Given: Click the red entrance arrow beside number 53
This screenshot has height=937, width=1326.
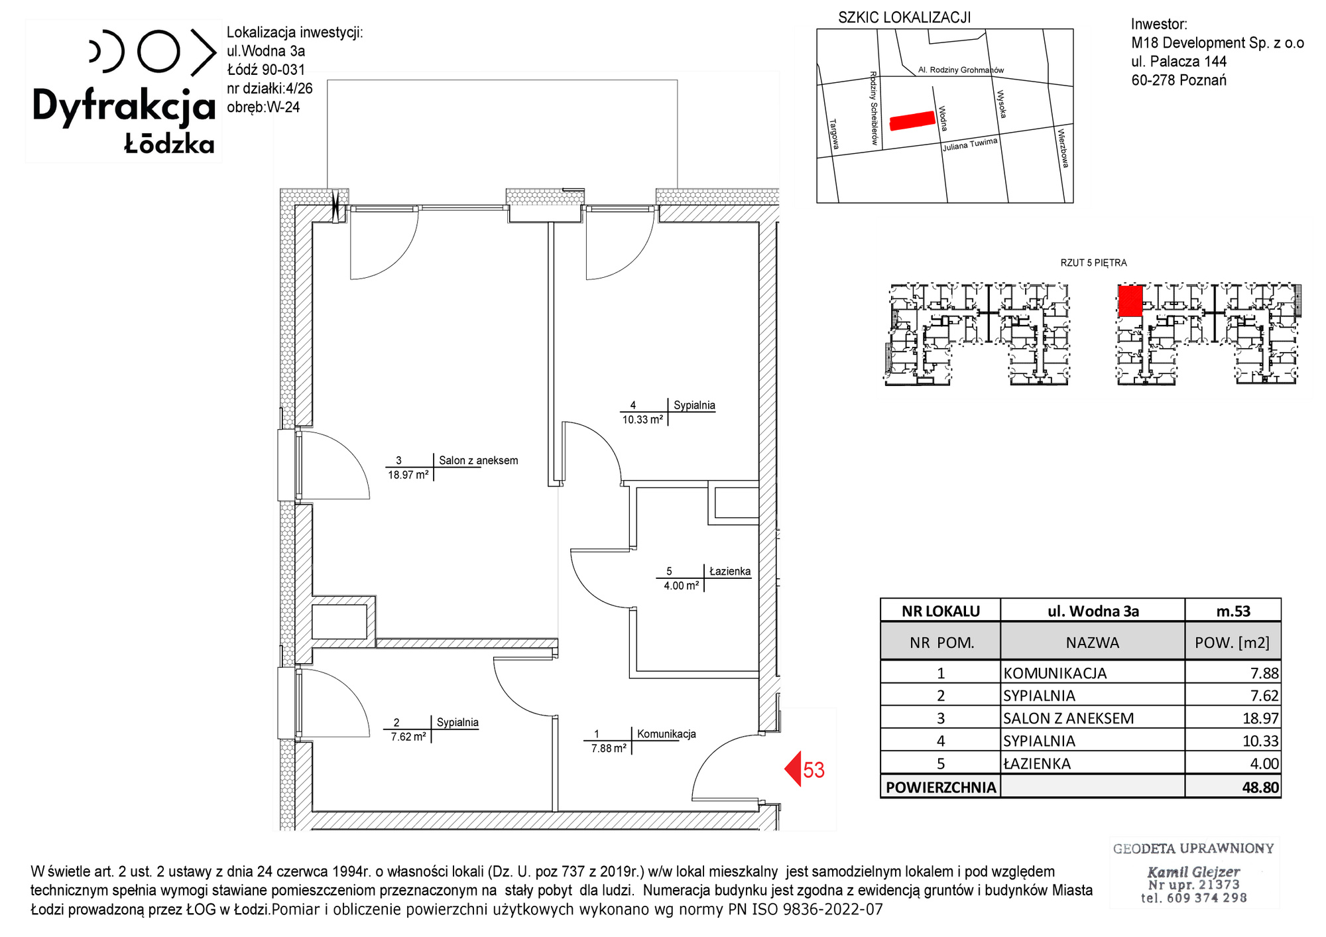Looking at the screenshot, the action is click(x=794, y=769).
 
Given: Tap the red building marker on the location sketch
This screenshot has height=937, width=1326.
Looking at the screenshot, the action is click(x=912, y=121).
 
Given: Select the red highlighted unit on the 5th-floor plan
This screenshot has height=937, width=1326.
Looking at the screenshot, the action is click(x=1130, y=301).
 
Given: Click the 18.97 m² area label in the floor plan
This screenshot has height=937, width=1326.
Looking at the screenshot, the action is click(x=408, y=475).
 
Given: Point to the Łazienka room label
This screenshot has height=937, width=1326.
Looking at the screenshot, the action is click(x=730, y=571).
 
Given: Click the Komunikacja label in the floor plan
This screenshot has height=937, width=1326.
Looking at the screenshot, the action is click(x=666, y=734).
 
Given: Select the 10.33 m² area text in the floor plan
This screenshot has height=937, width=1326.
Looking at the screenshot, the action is click(x=642, y=420).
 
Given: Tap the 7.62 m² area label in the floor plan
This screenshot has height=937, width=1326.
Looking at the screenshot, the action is click(x=408, y=737).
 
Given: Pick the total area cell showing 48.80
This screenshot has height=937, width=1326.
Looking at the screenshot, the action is click(x=1260, y=787).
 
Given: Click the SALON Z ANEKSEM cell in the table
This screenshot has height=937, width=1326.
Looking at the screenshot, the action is click(x=1068, y=718).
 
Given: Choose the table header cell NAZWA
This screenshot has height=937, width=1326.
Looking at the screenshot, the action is click(x=1092, y=643).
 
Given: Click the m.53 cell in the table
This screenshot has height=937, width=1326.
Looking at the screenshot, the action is click(x=1233, y=611).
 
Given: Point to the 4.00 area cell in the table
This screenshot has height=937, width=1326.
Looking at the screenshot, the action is click(x=1264, y=763).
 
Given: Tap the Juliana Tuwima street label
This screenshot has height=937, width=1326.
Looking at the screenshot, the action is click(x=970, y=145).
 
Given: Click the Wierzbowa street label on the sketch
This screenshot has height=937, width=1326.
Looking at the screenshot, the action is click(x=1063, y=148).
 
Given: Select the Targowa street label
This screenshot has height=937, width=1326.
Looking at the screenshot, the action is click(x=835, y=134).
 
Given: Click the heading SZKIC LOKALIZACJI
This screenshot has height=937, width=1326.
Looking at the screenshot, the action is click(x=904, y=18).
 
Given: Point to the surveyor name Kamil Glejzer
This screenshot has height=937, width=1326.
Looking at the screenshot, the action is click(x=1193, y=872).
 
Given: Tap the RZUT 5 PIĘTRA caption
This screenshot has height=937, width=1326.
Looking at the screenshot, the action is click(x=1093, y=263).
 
